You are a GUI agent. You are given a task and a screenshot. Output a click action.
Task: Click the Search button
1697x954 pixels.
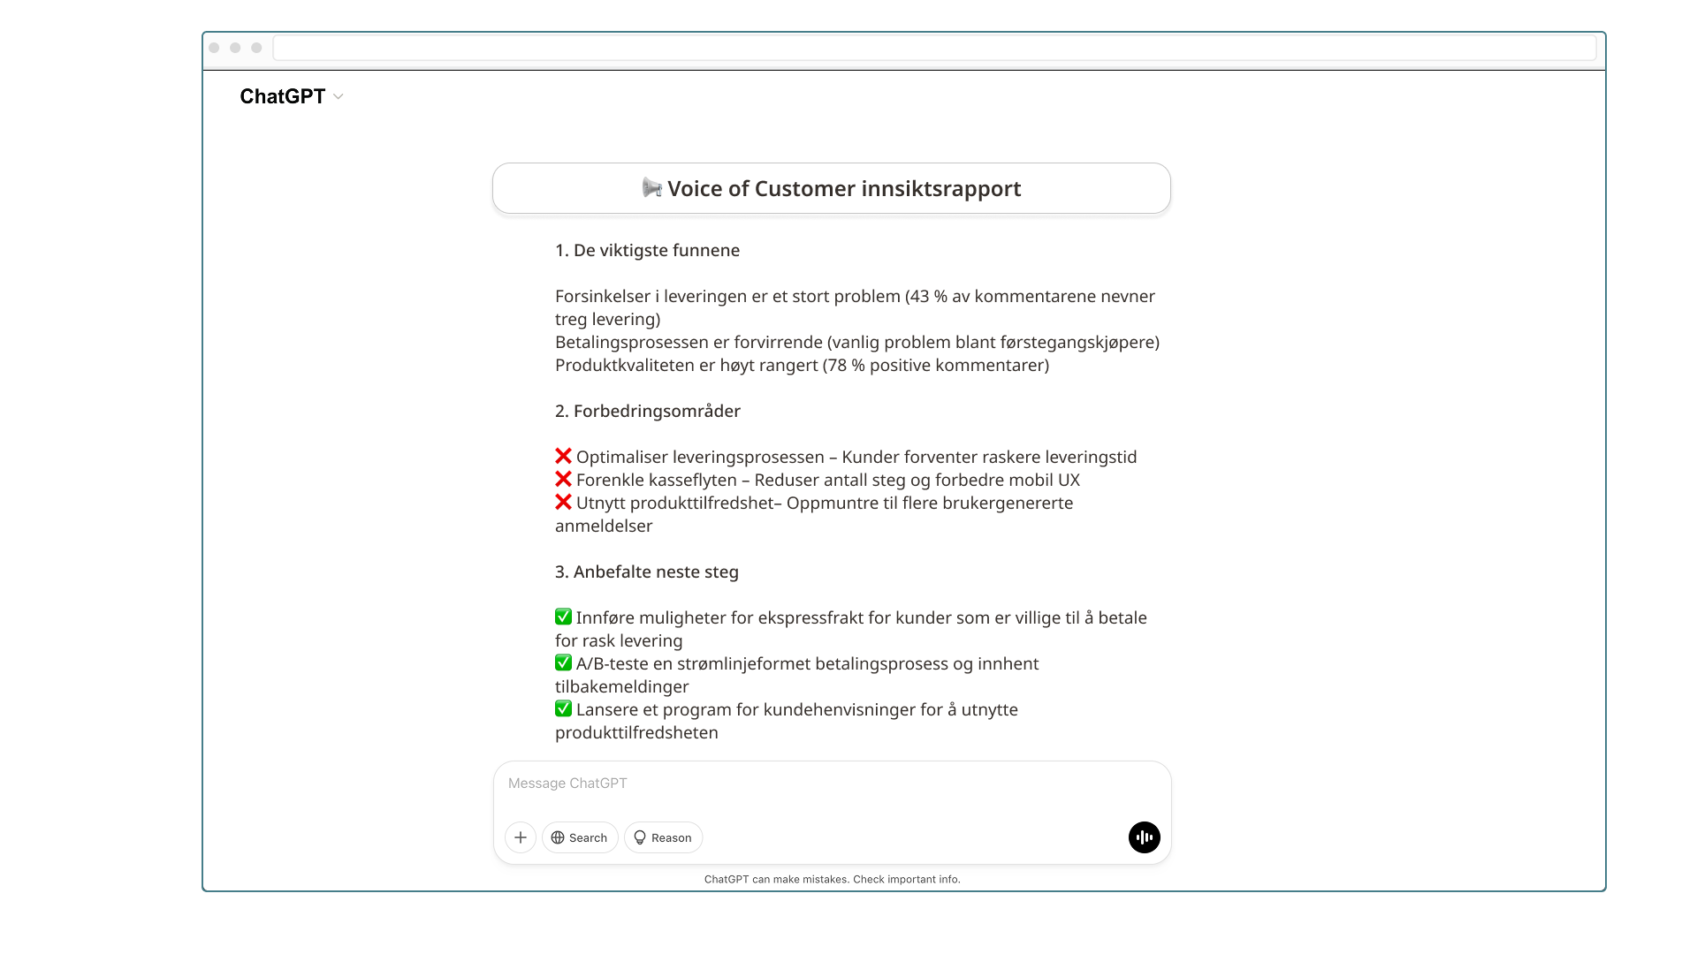[580, 837]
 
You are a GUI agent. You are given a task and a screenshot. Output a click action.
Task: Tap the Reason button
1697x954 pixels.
[663, 837]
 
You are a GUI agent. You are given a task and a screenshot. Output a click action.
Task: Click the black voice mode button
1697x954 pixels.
[1144, 837]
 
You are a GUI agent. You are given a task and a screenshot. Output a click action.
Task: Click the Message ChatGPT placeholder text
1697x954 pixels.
[567, 784]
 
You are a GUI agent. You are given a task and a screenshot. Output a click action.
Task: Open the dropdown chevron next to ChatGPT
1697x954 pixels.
[339, 97]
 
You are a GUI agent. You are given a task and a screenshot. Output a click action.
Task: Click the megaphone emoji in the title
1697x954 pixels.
[652, 188]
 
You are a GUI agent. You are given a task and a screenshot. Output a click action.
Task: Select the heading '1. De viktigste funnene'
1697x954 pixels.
[647, 251]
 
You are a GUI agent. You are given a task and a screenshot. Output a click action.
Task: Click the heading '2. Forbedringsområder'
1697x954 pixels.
[647, 412]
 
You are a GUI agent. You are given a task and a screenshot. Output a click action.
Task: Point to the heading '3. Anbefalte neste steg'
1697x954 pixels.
[646, 572]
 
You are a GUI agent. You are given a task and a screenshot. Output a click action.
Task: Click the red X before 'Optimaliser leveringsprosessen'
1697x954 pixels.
[563, 457]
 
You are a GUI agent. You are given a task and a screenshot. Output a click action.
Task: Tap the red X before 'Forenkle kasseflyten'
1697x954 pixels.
[563, 480]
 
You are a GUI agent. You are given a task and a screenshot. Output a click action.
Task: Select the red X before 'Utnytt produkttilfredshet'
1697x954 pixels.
[563, 503]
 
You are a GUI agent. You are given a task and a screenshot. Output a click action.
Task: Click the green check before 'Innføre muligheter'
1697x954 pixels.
[563, 617]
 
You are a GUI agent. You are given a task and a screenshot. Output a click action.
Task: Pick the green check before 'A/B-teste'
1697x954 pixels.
[563, 663]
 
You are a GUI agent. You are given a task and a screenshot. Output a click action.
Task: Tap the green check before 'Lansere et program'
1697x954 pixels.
[563, 709]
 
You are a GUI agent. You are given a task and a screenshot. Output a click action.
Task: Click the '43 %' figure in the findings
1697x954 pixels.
[929, 297]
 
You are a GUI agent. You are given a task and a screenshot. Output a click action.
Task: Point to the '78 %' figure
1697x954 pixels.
[847, 366]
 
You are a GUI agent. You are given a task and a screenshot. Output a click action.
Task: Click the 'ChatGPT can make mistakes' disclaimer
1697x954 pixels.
[832, 880]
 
